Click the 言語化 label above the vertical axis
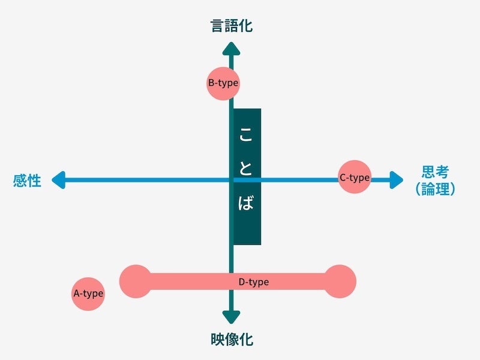[232, 26]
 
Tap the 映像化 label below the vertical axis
[232, 340]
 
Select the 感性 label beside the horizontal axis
[28, 181]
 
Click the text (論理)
[435, 190]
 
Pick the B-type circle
[223, 83]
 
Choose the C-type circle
[355, 177]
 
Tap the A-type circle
[88, 294]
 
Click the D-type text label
[254, 281]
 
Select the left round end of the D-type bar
[136, 281]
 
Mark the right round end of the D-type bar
[340, 281]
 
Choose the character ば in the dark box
[246, 203]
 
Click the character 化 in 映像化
[246, 340]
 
